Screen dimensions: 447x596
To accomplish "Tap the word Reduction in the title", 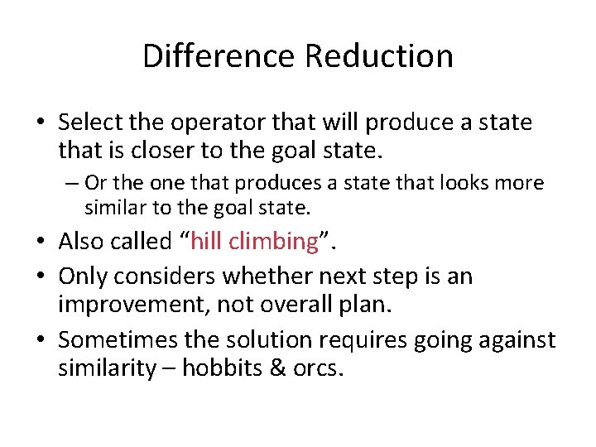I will pyautogui.click(x=378, y=56).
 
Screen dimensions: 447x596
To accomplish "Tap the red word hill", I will pyautogui.click(x=211, y=242).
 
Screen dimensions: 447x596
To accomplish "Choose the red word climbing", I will pyautogui.click(x=277, y=242).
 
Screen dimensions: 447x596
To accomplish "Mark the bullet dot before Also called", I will pyautogui.click(x=41, y=242).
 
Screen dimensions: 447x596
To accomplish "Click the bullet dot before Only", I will pyautogui.click(x=41, y=275).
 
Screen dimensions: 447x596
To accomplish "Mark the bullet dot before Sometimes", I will pyautogui.click(x=41, y=339).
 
